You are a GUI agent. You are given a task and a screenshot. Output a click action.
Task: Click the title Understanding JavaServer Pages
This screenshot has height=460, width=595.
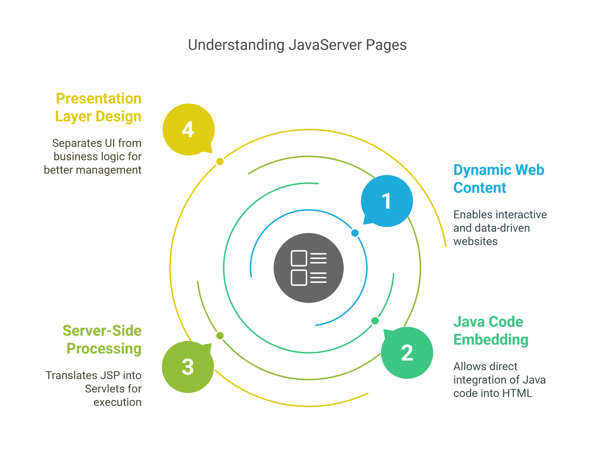297,45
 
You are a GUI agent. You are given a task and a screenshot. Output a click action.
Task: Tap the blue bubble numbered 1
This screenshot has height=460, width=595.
387,201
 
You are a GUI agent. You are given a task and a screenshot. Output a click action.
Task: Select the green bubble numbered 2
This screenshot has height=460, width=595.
407,353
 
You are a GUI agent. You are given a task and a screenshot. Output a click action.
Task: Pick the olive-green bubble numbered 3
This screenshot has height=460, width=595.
188,367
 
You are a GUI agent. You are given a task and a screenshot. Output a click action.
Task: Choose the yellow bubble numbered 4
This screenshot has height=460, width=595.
189,130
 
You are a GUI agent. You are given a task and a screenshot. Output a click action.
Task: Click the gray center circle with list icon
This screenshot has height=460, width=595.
309,268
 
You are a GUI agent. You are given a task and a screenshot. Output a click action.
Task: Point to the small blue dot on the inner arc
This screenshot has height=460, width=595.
355,233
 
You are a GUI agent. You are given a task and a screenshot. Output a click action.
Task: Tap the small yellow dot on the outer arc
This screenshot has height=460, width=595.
220,162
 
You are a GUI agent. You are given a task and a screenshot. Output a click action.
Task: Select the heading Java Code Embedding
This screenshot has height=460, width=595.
491,330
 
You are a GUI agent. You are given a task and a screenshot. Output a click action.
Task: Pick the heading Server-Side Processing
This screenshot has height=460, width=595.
102,339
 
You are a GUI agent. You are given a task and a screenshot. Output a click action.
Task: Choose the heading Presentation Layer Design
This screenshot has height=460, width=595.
98,107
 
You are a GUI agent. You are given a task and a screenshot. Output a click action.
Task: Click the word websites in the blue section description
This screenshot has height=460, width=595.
475,242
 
